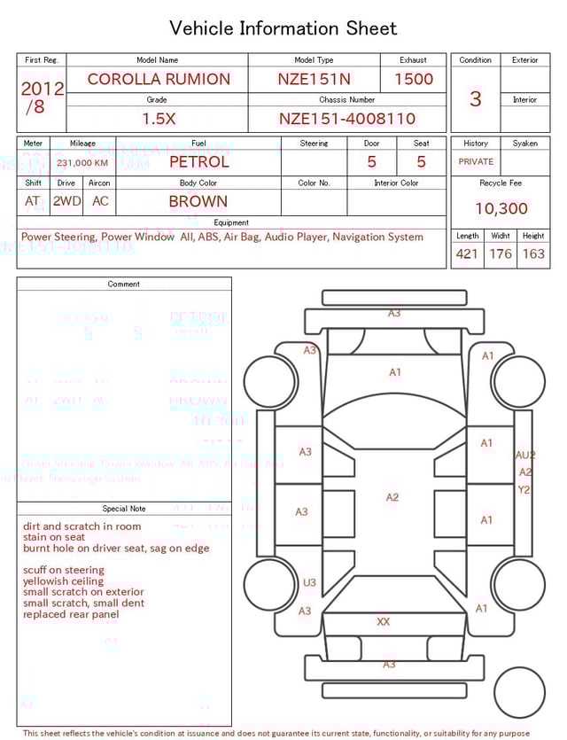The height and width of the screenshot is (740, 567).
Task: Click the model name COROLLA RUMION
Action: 158,79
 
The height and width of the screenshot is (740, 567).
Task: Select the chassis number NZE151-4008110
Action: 346,119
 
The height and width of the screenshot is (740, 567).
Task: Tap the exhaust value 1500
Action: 414,79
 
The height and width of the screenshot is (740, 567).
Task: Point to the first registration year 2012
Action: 42,89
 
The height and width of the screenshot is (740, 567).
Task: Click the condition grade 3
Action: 475,99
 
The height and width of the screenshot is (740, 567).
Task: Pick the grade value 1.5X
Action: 159,119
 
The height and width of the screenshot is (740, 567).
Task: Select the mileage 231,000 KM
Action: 82,163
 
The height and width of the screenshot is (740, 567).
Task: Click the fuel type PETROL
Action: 198,162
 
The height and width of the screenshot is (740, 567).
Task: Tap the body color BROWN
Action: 198,201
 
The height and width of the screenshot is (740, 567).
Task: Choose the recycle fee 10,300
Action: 501,209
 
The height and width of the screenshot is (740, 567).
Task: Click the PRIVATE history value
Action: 476,162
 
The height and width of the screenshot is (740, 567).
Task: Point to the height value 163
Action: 533,254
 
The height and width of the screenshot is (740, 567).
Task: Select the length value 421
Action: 467,254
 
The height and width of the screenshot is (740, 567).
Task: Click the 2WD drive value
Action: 66,201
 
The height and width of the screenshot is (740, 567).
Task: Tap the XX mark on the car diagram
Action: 383,622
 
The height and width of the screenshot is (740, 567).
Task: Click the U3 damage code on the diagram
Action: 309,583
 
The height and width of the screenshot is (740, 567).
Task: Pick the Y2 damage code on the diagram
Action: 524,489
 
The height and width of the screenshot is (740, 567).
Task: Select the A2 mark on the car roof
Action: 392,498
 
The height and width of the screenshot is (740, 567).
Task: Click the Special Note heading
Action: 124,509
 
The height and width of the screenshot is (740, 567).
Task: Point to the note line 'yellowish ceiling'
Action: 63,581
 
